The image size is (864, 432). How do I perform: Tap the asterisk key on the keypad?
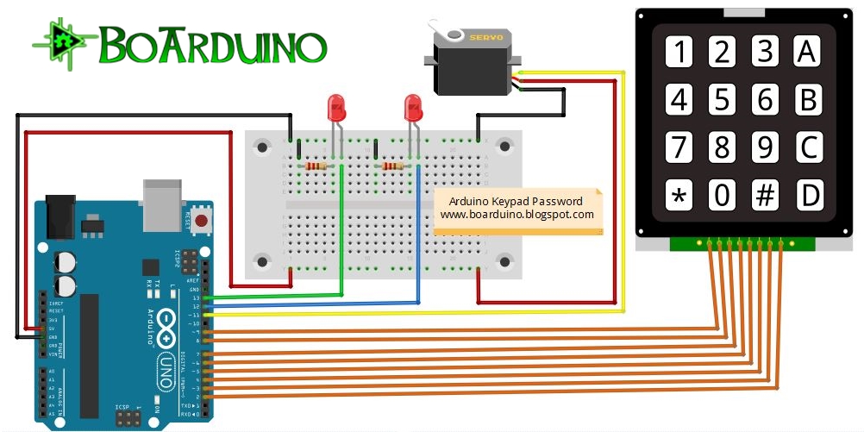[680, 197]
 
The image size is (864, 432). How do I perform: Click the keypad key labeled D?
[808, 197]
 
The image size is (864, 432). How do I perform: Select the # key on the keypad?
[765, 197]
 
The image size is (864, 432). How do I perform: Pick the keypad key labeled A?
[808, 53]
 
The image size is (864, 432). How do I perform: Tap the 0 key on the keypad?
[723, 197]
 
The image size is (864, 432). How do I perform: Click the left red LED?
[335, 109]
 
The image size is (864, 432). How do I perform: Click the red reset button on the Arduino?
[202, 222]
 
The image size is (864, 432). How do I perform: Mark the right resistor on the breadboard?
[392, 166]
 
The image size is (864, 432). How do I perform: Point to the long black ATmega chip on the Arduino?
[90, 354]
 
